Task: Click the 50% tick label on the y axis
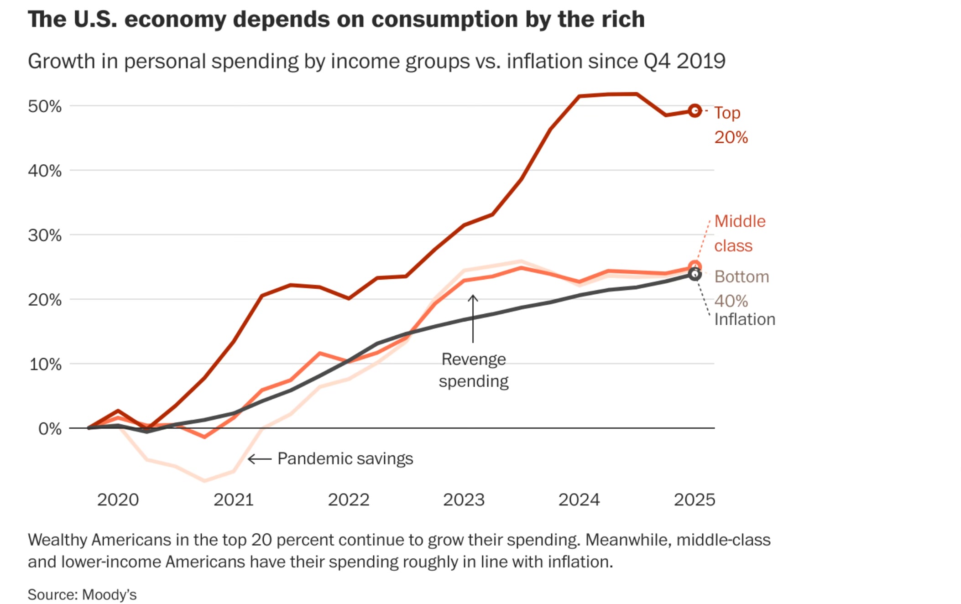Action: coord(45,106)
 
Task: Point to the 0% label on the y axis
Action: coord(50,429)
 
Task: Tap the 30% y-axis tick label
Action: coord(45,235)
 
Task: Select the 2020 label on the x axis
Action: coord(118,500)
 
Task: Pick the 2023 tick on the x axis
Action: coord(464,500)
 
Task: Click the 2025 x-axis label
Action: coord(694,500)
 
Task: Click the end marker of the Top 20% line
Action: coord(695,111)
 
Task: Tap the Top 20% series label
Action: coord(731,125)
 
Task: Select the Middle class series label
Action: coord(739,234)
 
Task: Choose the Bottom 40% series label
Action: coord(741,288)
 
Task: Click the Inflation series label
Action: coord(744,319)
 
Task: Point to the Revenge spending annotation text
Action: coord(474,370)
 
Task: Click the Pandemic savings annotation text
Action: coord(345,458)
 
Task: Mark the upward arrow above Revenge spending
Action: coord(473,318)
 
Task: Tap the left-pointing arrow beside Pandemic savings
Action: coord(260,459)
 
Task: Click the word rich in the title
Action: coord(623,20)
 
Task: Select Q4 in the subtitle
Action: coord(657,61)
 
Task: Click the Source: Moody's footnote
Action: coord(82,594)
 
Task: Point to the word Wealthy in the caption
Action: coord(58,540)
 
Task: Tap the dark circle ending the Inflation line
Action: coord(695,274)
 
